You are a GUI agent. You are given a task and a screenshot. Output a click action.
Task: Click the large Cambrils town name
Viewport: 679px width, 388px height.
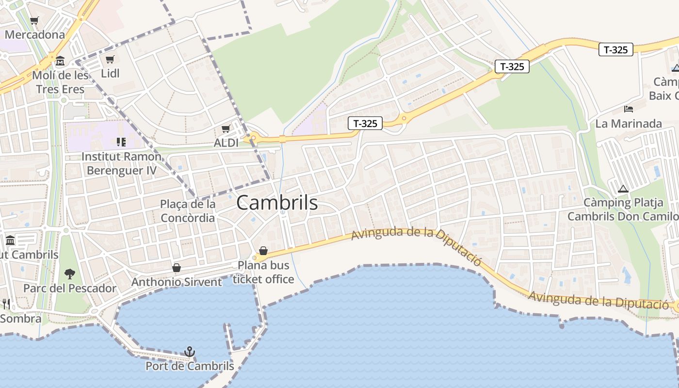[x=277, y=203]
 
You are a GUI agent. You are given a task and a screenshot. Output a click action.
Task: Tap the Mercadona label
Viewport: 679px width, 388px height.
[x=34, y=35]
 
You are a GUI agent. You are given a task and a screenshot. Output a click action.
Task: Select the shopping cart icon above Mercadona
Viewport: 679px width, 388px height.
[x=34, y=20]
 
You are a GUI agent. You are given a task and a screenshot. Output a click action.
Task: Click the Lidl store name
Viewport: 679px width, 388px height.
[x=110, y=74]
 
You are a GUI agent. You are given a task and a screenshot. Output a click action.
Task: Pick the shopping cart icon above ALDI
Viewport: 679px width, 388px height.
[x=226, y=129]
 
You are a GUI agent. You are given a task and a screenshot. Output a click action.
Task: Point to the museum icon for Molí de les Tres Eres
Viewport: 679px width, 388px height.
[x=60, y=61]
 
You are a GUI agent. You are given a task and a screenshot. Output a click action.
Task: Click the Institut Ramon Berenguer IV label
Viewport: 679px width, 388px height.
[x=121, y=163]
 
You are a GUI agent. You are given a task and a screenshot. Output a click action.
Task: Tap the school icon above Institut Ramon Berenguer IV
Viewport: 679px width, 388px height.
[x=121, y=142]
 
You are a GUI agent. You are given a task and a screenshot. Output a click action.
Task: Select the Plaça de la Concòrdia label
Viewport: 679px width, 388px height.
[x=188, y=211]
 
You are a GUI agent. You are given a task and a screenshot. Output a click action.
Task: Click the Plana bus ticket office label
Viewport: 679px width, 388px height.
[x=263, y=272]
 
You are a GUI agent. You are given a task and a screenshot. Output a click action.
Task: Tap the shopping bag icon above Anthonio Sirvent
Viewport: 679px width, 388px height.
[x=177, y=268]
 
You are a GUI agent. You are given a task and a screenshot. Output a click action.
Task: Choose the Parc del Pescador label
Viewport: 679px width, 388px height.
[x=70, y=288]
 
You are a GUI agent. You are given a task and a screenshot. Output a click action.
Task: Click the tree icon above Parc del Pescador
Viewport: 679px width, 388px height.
[x=70, y=274]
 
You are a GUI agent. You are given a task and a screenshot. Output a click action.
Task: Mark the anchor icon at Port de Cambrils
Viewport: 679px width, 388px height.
[x=190, y=352]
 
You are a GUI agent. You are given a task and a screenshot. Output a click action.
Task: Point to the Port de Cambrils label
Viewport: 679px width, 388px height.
[x=190, y=366]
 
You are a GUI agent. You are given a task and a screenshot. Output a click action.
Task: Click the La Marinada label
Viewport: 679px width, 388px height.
[x=629, y=124]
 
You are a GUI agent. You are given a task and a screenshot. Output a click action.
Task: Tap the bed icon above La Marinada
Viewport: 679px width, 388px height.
[x=629, y=109]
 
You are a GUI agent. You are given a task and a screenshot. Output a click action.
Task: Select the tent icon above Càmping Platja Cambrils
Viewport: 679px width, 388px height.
[x=623, y=189]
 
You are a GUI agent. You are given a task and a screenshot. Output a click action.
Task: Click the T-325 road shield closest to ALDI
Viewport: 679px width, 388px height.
[x=365, y=124]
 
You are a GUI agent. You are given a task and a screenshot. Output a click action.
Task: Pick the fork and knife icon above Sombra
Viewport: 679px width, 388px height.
[x=6, y=304]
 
